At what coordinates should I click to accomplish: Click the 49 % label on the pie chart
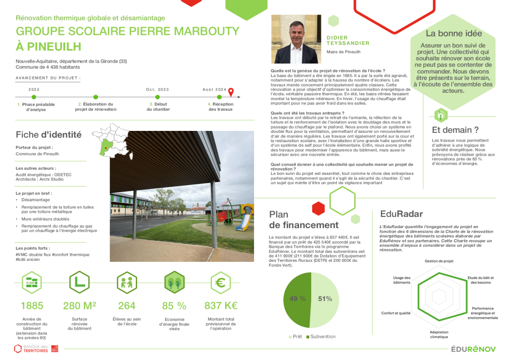pos(298,299)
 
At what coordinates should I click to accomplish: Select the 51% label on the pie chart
pos(325,299)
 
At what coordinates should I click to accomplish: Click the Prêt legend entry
pos(295,337)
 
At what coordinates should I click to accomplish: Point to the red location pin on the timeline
pos(231,93)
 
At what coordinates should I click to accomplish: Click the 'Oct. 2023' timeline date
pos(157,89)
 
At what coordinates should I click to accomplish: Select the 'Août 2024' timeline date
pos(214,89)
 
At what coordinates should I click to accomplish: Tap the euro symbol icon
pos(221,282)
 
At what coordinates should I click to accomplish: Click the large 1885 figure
pos(32,306)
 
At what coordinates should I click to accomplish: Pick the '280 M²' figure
pos(80,306)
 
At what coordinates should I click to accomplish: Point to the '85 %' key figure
pos(174,306)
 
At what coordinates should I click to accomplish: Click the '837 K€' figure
pos(221,306)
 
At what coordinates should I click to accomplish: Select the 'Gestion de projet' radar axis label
pos(439,261)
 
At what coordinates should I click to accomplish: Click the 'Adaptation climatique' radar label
pos(439,334)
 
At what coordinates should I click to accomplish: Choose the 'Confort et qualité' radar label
pos(396,313)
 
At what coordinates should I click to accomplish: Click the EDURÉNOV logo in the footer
pos(474,349)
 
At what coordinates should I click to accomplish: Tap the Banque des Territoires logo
pos(36,348)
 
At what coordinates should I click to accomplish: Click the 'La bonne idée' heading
pos(453,34)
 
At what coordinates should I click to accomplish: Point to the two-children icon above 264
pos(127,282)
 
